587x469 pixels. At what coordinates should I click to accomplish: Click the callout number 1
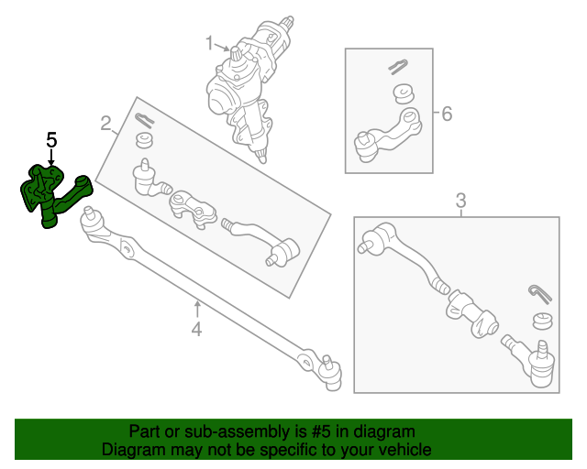click(209, 42)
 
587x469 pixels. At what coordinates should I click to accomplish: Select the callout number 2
click(105, 123)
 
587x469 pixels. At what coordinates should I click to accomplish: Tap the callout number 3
click(461, 200)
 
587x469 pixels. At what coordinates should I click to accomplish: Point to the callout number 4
click(195, 329)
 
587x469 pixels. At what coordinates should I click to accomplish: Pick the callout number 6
click(447, 115)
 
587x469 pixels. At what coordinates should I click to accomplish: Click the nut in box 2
click(143, 140)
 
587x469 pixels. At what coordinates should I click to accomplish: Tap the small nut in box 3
click(542, 321)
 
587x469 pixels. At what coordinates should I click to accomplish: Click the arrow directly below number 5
click(51, 159)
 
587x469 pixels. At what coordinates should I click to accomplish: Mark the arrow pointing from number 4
click(195, 307)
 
